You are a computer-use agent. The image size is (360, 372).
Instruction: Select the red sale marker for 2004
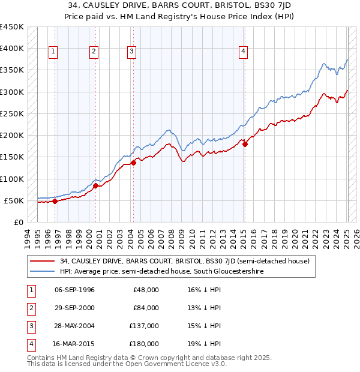[133, 163]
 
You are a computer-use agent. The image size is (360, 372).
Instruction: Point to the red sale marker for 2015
[245, 144]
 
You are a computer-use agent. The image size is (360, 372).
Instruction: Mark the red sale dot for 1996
[55, 201]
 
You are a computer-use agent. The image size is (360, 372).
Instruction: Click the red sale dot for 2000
[95, 185]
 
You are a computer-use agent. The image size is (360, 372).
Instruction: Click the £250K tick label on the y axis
[11, 113]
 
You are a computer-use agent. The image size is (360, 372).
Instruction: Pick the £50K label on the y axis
[14, 200]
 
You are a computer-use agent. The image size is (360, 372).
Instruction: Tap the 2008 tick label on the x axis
[173, 236]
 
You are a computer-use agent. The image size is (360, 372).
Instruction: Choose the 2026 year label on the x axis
[356, 236]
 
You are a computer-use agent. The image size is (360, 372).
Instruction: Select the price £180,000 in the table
[146, 344]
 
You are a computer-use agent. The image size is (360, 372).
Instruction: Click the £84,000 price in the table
[147, 308]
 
